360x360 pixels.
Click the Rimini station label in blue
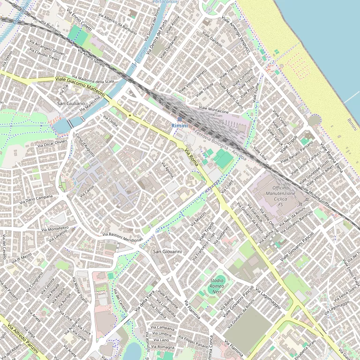pyautogui.click(x=180, y=126)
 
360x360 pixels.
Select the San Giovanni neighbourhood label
pyautogui.click(x=167, y=252)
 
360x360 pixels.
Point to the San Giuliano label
pyautogui.click(x=71, y=103)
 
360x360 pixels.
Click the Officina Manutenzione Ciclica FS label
pyautogui.click(x=280, y=196)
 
